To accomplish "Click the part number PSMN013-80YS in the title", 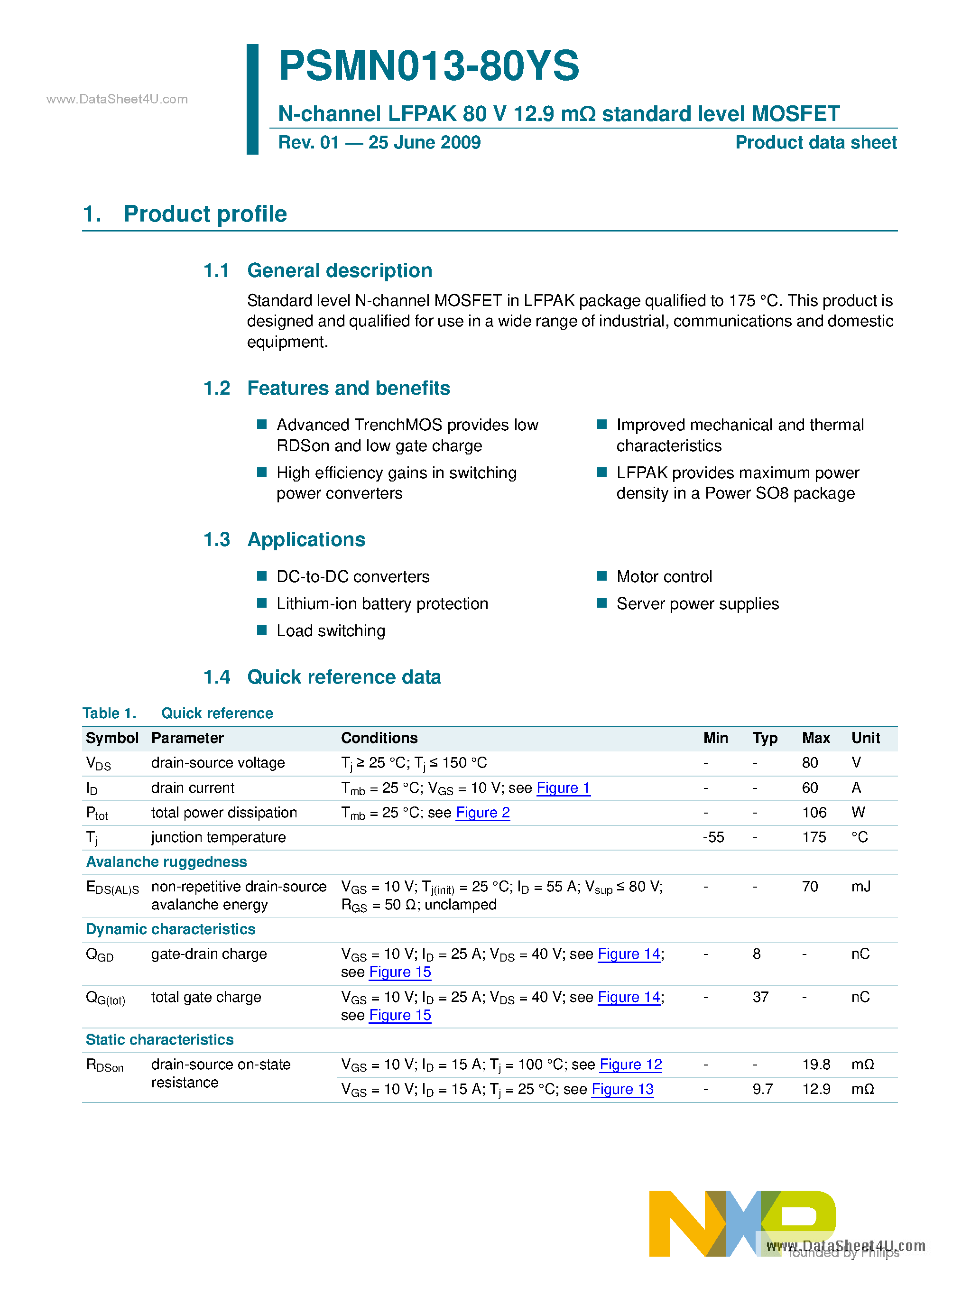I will point(429,65).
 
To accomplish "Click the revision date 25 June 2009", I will point(425,143).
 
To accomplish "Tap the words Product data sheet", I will point(815,143).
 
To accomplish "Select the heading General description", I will point(340,270).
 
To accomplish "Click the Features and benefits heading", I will point(348,388).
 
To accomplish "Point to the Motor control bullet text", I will point(664,576).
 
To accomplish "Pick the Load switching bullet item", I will point(331,630).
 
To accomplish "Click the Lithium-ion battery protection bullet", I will point(382,603).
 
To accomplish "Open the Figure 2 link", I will point(483,813).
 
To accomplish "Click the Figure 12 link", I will point(630,1064).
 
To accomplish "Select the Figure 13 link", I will point(622,1089).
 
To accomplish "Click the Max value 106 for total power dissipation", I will point(814,813).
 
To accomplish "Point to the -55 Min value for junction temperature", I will point(713,837).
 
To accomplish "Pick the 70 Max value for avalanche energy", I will point(810,887).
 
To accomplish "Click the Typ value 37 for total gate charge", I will point(760,997).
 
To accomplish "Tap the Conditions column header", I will point(379,738).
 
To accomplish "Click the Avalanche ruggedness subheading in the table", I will point(166,862).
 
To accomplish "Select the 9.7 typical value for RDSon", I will point(762,1089).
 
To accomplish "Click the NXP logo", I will point(742,1223).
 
